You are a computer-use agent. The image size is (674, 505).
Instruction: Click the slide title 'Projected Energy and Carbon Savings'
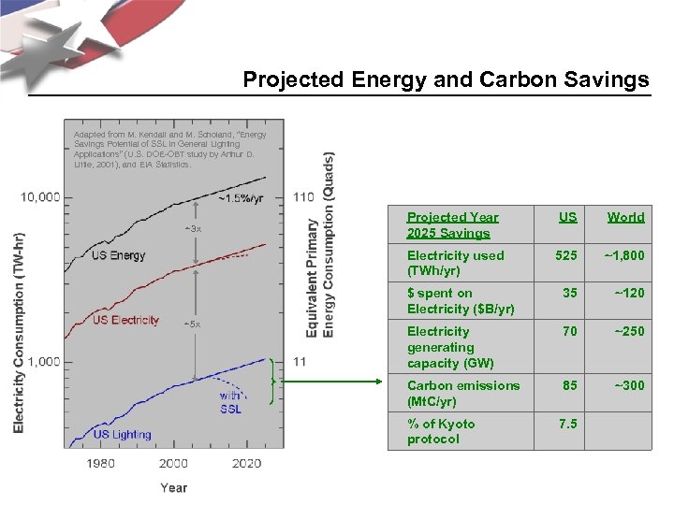446,80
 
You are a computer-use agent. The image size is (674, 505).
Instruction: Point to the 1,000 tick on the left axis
41,361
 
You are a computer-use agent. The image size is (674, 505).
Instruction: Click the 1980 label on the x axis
100,463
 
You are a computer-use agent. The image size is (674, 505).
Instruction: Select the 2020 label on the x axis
246,463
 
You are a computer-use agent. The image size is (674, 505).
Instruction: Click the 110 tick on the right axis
303,197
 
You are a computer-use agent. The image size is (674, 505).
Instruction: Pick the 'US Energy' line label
119,255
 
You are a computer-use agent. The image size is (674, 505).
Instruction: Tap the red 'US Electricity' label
126,320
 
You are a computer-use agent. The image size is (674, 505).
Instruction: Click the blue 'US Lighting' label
123,434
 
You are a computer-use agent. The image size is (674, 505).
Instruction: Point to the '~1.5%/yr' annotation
242,198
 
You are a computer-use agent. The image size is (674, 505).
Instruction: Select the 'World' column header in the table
625,217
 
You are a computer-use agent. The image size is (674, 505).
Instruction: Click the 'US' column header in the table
567,217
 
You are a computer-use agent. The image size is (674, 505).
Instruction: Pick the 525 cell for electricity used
566,255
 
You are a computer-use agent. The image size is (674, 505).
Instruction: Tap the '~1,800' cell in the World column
623,255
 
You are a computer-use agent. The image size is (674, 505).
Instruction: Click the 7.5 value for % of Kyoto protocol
567,424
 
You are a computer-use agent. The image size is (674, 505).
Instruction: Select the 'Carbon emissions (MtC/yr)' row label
462,393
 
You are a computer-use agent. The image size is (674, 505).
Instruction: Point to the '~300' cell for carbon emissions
628,385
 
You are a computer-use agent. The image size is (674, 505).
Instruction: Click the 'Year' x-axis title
173,487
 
